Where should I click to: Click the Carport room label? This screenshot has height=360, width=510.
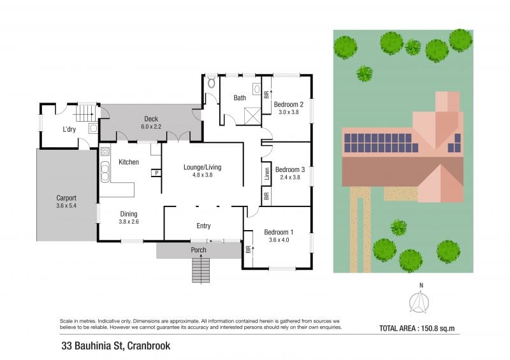(66, 198)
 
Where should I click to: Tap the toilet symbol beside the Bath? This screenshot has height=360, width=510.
(212, 82)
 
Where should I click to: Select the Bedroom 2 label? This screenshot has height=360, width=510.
(289, 104)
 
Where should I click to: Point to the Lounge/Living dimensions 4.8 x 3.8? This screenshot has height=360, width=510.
(202, 175)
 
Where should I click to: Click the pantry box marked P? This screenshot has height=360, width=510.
(156, 173)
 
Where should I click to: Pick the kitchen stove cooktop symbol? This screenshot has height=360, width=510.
(105, 152)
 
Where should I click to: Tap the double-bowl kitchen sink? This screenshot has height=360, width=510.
(105, 171)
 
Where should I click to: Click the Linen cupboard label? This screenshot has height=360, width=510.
(266, 174)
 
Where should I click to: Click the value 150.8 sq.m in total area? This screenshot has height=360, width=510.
(438, 328)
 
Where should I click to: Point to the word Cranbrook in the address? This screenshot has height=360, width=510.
(149, 346)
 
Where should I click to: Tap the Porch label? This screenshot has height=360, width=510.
(198, 250)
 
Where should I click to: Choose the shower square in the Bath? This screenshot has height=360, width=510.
(252, 115)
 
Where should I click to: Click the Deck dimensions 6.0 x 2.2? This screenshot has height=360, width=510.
(151, 127)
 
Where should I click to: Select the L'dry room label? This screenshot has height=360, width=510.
(69, 129)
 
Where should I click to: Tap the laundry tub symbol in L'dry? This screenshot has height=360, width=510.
(93, 128)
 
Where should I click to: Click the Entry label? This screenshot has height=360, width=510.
(203, 226)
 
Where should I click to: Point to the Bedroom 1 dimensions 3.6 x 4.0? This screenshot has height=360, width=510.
(279, 240)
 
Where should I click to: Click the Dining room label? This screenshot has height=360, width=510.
(129, 214)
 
